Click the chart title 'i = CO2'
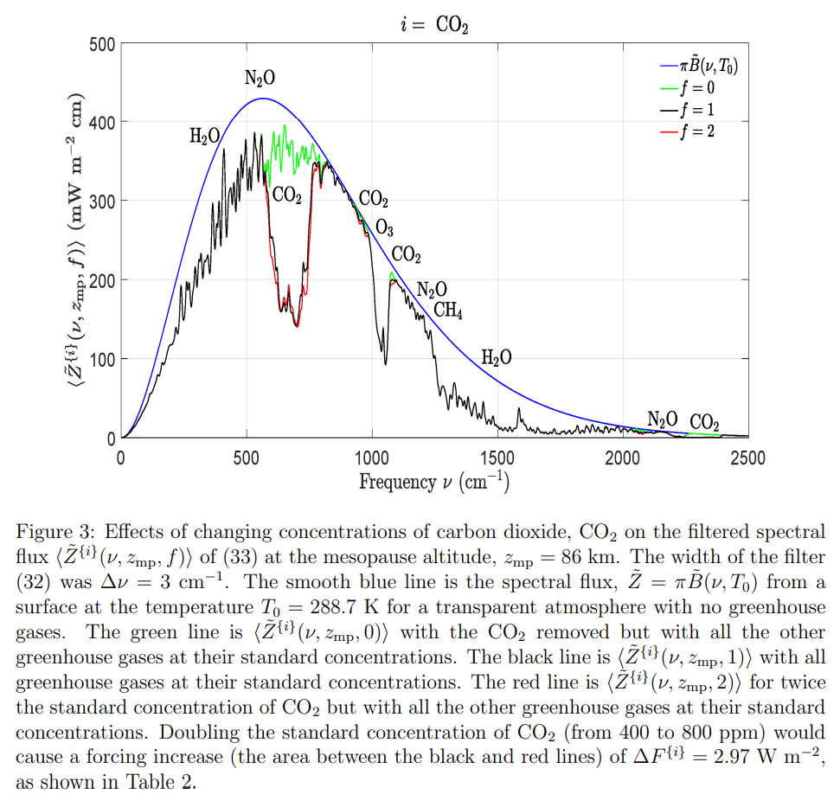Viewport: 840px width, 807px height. pos(434,25)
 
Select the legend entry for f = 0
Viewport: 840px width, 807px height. pos(698,87)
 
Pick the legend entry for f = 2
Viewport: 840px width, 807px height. pos(698,131)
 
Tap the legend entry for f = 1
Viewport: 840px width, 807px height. pos(698,109)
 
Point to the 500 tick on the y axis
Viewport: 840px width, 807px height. pos(101,43)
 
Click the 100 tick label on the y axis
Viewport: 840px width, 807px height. pos(101,359)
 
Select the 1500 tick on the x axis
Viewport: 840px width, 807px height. pos(497,458)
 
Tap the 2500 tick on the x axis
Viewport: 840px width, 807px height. pos(747,458)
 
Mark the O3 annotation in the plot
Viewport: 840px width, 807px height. pos(384,228)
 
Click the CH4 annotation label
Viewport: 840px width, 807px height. pos(448,311)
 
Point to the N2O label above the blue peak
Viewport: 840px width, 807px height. pos(260,79)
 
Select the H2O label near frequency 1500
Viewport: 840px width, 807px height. pos(496,357)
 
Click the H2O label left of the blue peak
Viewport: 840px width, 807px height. pos(204,136)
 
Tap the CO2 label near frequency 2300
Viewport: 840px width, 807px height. pos(704,422)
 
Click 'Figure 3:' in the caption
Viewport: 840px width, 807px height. pos(47,531)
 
